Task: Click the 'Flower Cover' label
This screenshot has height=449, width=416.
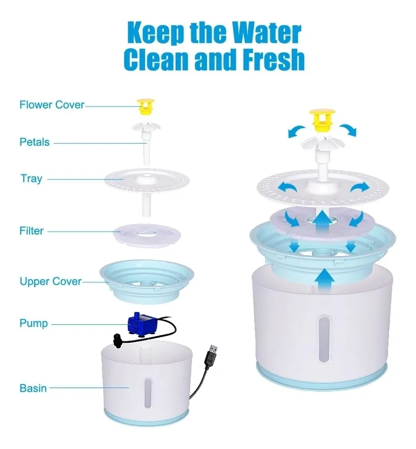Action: tap(52, 105)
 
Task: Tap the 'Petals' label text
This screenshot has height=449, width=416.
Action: tap(35, 142)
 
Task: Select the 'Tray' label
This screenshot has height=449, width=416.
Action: tap(31, 179)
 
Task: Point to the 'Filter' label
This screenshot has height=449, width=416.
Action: tap(31, 231)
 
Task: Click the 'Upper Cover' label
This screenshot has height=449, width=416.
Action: tap(51, 282)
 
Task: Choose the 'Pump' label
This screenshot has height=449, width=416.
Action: tap(34, 323)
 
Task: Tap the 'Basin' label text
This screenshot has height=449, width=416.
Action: tap(33, 388)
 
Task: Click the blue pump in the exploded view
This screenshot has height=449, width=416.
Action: tap(141, 324)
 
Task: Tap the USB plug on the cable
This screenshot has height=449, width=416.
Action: tap(211, 356)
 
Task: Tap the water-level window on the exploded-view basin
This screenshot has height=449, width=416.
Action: tap(148, 393)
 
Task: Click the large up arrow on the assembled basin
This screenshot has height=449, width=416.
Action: tap(324, 281)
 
